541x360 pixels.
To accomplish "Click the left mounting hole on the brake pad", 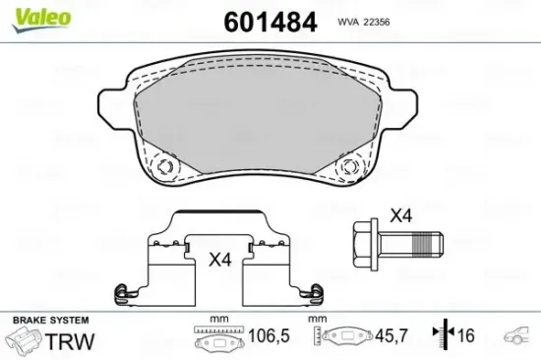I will click(x=165, y=167).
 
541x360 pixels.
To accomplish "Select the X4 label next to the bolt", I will click(x=400, y=213).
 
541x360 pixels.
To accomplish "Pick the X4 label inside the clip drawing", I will click(x=220, y=261).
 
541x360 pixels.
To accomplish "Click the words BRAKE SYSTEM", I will click(x=50, y=321).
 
